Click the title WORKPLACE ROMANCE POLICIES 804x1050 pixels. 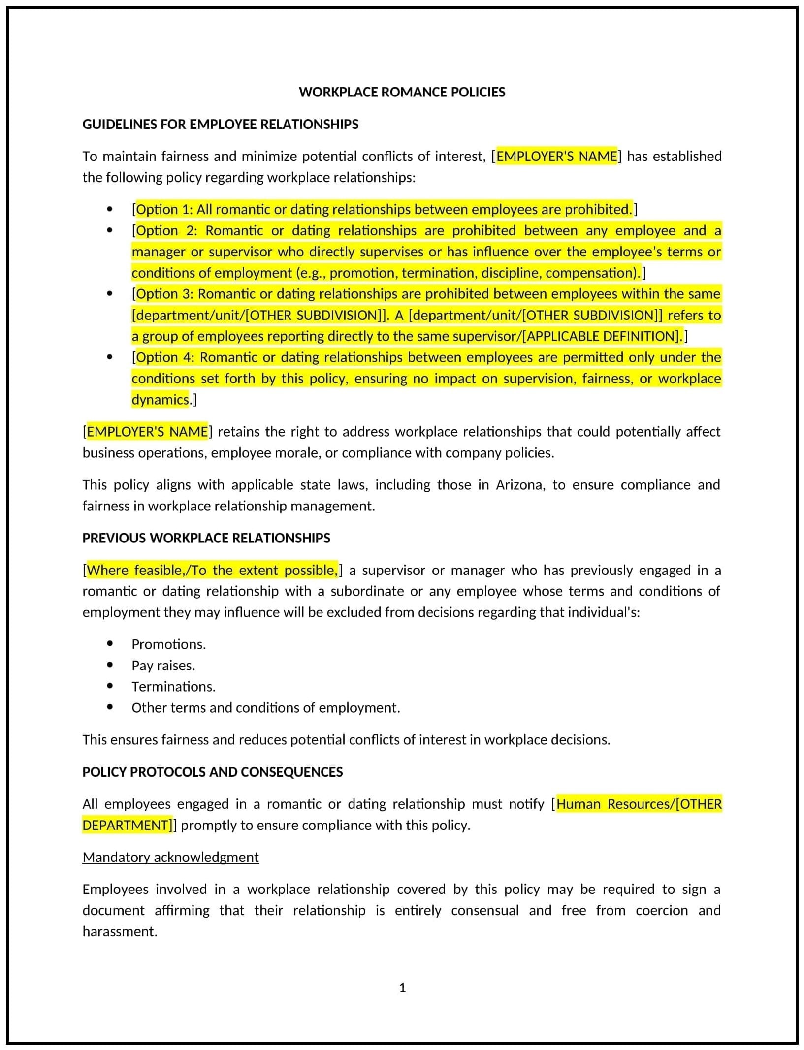[x=402, y=92]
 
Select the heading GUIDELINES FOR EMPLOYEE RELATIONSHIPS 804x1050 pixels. [x=220, y=124]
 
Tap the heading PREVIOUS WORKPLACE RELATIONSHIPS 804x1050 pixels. [x=206, y=538]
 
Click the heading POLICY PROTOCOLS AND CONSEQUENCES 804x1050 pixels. [x=212, y=771]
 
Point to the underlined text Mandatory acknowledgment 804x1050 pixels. [x=170, y=857]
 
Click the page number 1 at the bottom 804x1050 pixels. [x=402, y=987]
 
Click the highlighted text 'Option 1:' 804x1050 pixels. [x=164, y=210]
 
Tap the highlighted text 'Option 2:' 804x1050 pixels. [x=164, y=231]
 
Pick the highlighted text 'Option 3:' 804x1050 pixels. [x=164, y=294]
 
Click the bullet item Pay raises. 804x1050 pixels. [x=163, y=666]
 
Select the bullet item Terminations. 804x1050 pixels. [x=173, y=687]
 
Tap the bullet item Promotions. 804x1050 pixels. [x=168, y=644]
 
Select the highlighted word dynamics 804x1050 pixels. [x=160, y=399]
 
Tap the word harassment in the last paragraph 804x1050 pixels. [x=120, y=931]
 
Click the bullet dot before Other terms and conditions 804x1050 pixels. [x=110, y=707]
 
